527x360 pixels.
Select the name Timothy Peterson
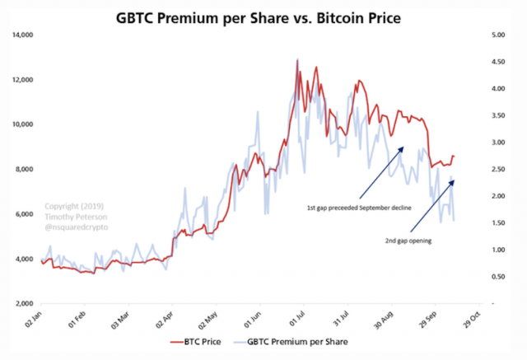[x=72, y=216]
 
